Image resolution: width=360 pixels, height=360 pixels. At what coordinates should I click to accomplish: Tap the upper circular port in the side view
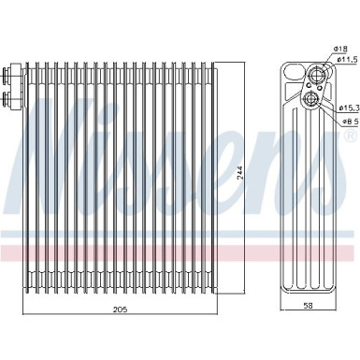point(316,74)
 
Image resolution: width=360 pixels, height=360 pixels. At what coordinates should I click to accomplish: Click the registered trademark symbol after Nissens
point(347,137)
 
